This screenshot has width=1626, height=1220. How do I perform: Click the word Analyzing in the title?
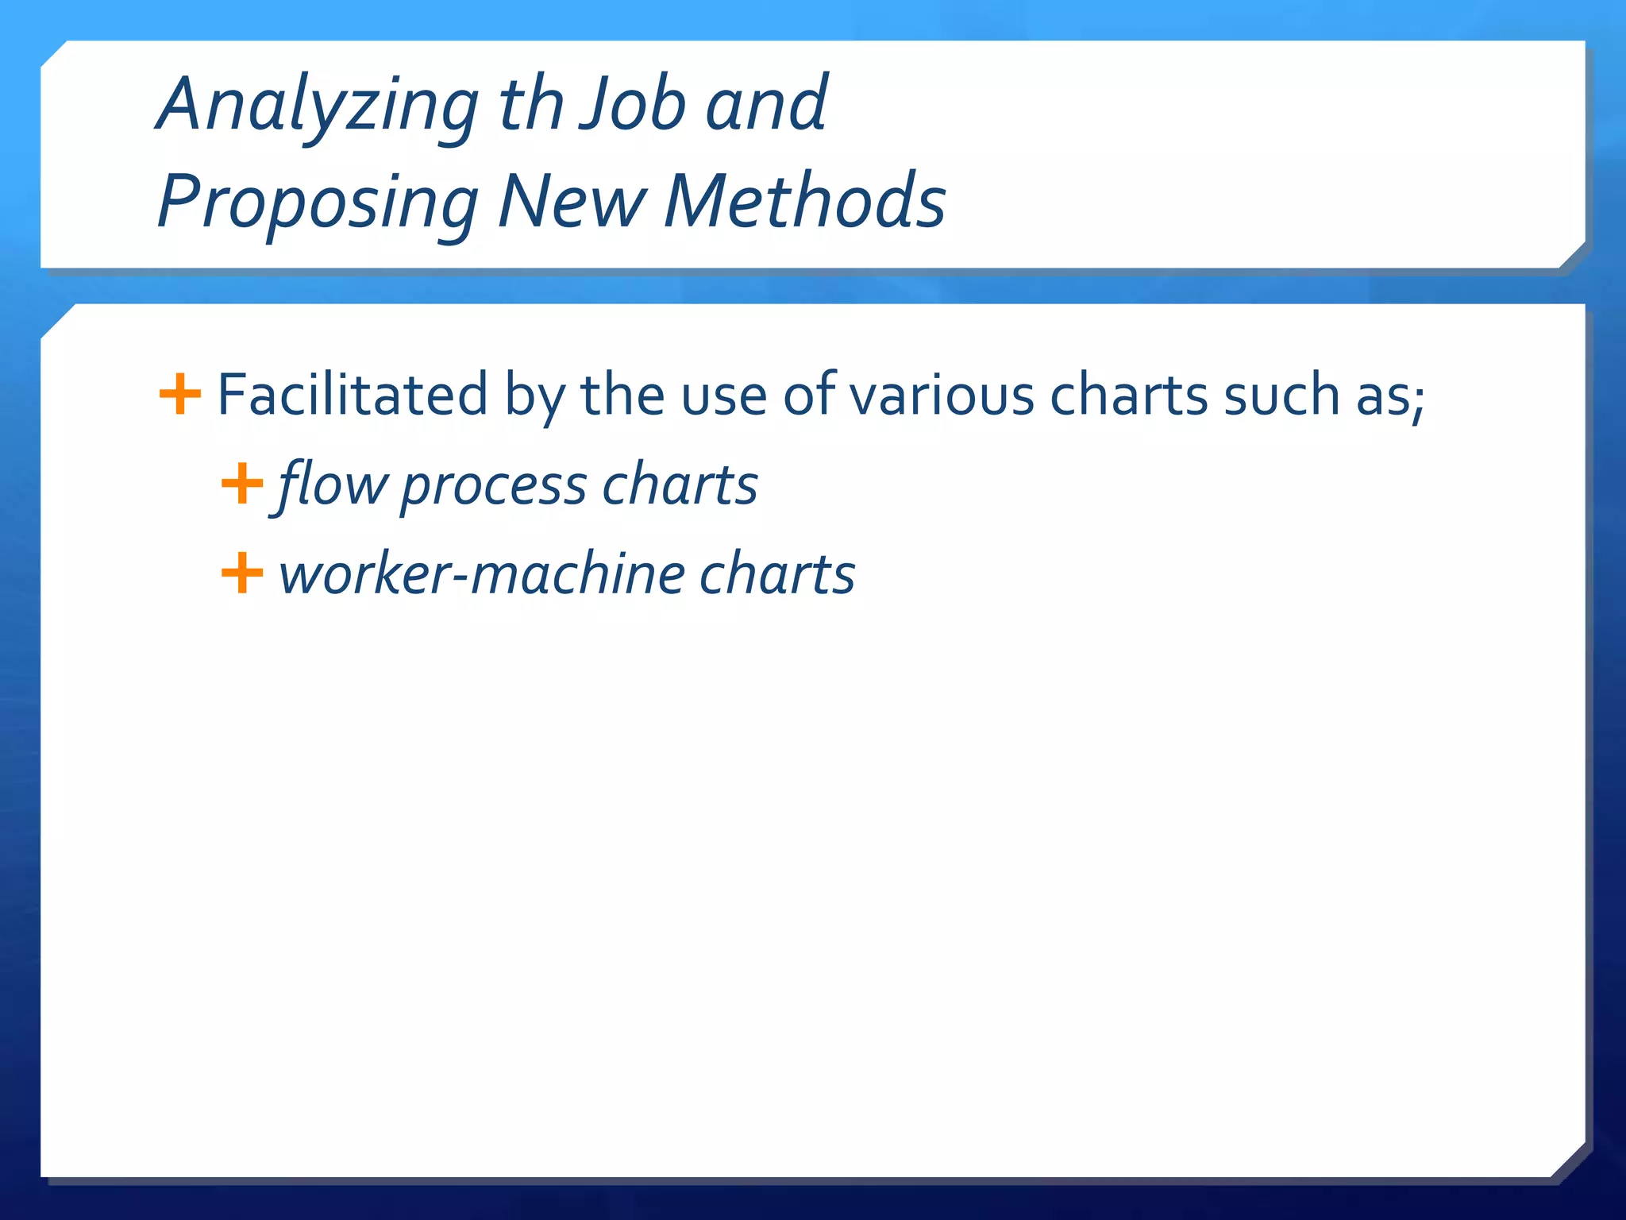[x=318, y=106]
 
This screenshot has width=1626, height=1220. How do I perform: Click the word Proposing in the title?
[x=318, y=203]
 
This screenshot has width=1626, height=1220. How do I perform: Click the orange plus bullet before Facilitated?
[x=180, y=394]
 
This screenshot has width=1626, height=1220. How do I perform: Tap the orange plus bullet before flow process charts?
[x=241, y=484]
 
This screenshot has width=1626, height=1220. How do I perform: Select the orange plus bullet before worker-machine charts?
[x=241, y=573]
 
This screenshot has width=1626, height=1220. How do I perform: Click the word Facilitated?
[x=353, y=394]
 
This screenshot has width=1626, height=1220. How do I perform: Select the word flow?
[x=332, y=485]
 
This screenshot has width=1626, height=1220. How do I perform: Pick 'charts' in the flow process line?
[x=680, y=485]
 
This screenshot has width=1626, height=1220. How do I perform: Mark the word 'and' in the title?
[x=766, y=106]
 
